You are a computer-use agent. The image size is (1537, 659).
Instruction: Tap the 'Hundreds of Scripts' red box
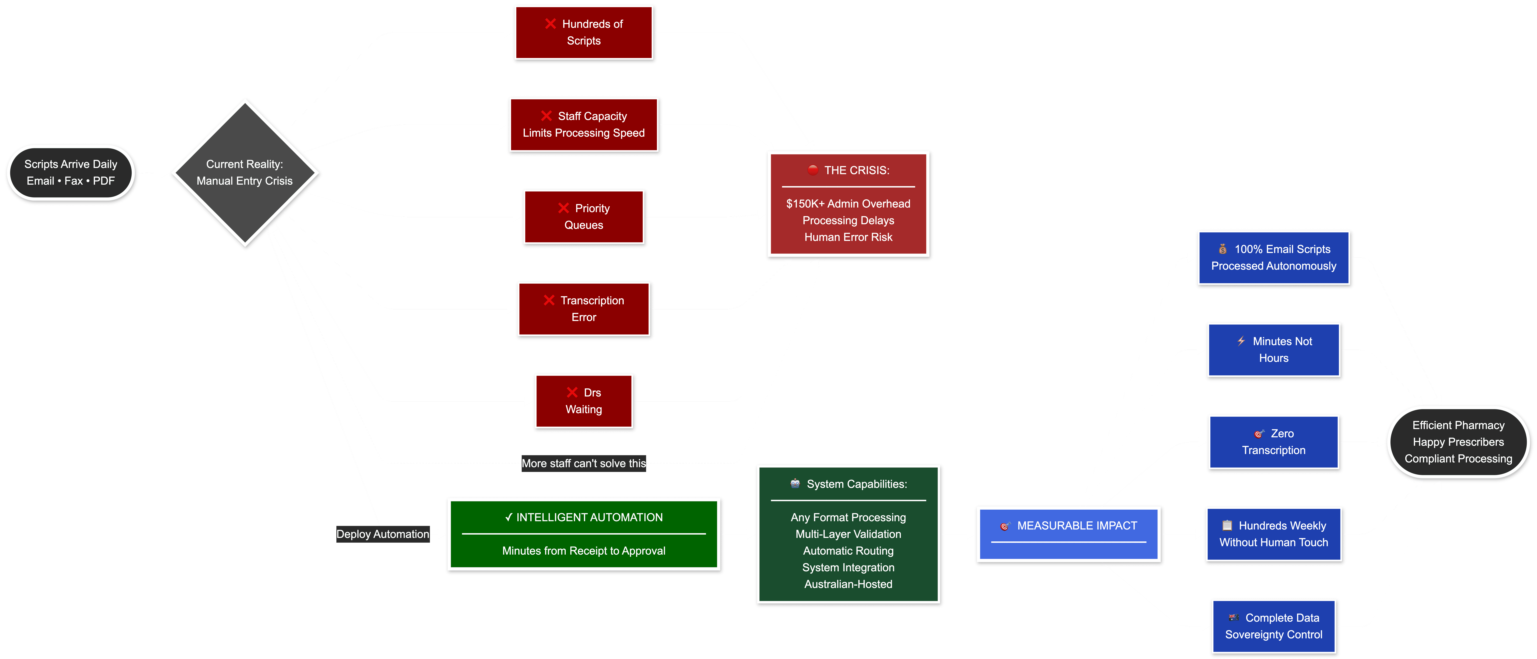pos(584,33)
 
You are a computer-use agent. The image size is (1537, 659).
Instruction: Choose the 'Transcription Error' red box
pos(584,309)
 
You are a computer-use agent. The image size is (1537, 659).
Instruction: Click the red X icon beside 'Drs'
pos(572,392)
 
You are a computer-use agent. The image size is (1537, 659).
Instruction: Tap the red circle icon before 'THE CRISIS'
pos(813,170)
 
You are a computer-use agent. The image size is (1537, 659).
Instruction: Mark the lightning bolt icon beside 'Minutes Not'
pos(1241,341)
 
